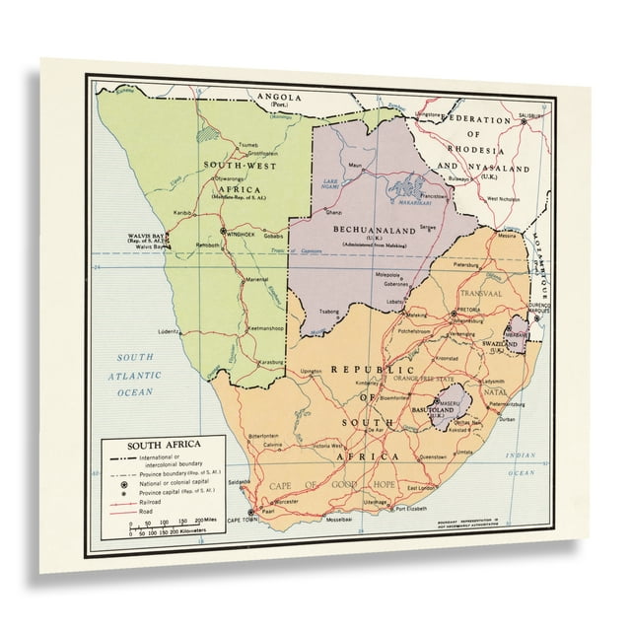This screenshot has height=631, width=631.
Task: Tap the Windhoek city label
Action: pos(242,234)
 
